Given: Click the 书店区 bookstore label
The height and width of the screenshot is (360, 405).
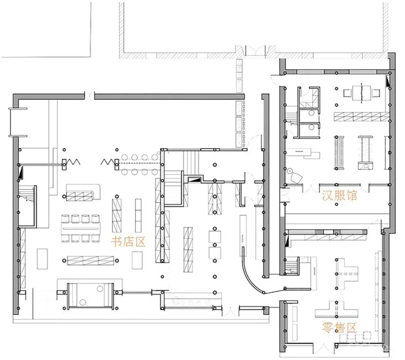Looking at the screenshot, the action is (128, 242).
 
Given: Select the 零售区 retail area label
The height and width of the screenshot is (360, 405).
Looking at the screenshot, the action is (339, 328).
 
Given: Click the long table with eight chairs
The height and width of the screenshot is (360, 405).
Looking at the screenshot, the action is (81, 228).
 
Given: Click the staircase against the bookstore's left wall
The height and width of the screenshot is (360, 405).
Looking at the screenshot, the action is (27, 194).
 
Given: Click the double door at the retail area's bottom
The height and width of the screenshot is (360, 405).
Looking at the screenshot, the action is (324, 348).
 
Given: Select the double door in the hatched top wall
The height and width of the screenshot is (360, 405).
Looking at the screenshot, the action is (255, 50).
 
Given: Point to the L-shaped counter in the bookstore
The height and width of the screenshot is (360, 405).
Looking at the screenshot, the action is (83, 192).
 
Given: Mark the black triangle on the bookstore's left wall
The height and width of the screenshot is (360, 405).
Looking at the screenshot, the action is (21, 173).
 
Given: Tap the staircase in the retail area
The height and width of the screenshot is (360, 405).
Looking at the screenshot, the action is (292, 266).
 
